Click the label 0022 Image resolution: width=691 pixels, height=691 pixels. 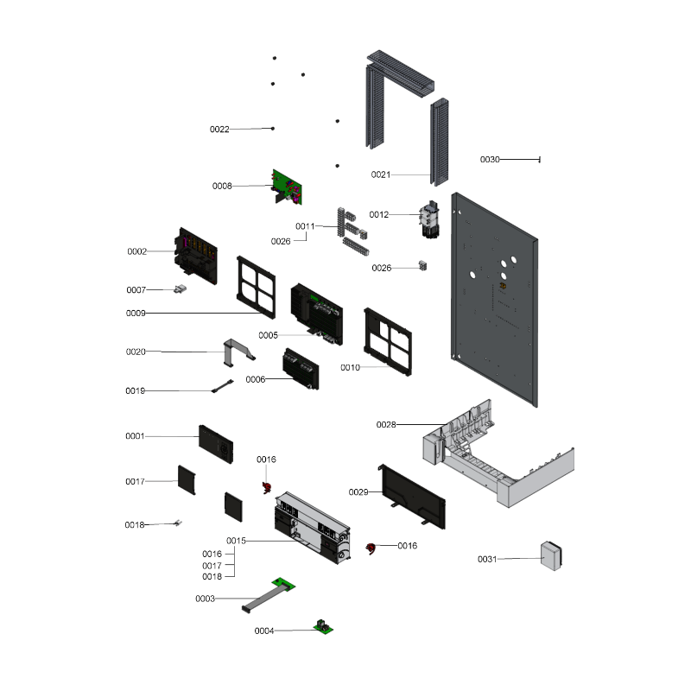pos(219,130)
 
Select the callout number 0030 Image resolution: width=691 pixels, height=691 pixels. pos(491,160)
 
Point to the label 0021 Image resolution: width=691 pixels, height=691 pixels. pos(381,175)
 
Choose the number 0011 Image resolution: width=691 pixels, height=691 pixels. pos(305,226)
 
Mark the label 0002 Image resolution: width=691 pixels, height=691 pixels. pos(137,252)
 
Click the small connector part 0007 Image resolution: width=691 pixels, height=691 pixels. pos(182,289)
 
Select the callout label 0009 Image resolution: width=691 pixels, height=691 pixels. pos(136,314)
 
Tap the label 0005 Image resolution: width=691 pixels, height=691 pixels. pos(268,335)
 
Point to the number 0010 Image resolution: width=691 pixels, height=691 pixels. pos(350,368)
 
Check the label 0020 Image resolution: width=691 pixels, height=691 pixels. pos(136,352)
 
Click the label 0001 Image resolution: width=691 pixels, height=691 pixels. pos(135,436)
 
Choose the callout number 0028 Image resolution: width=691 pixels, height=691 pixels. pos(386,425)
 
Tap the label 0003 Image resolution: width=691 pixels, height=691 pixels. pos(205,599)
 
